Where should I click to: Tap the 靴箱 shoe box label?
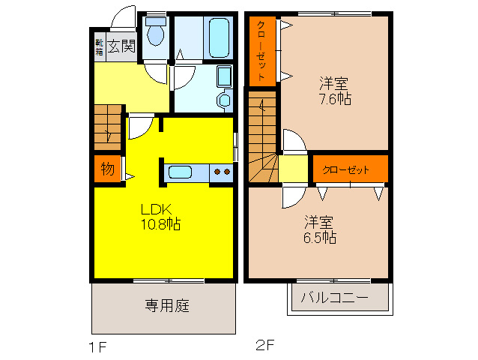point(99,46)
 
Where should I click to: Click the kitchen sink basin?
point(181,172)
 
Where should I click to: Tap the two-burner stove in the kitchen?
point(222,172)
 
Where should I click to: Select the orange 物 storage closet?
point(108,169)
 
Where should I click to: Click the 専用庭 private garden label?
point(166,305)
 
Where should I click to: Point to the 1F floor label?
point(99,346)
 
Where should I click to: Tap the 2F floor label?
point(266,346)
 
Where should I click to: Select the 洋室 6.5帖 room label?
point(319,229)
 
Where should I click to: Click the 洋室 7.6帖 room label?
point(335,91)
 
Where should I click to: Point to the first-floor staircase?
point(109,127)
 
